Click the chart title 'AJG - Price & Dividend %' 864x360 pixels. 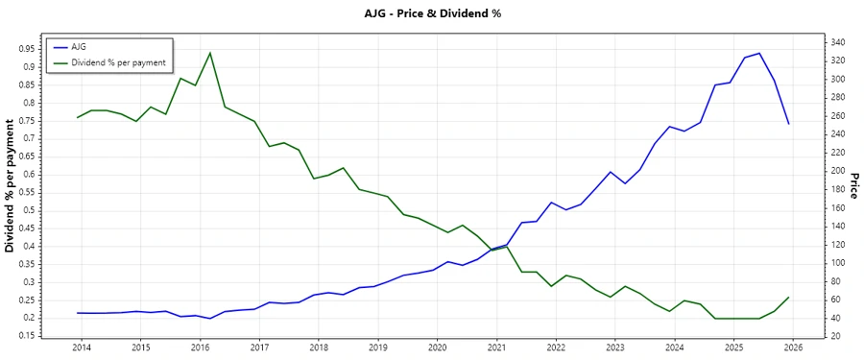(x=432, y=13)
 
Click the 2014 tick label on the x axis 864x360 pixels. (x=81, y=348)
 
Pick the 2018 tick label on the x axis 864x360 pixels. (x=319, y=348)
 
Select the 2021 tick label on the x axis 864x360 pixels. (x=496, y=348)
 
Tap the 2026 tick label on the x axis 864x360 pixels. (x=793, y=348)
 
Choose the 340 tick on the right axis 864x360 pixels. (x=837, y=42)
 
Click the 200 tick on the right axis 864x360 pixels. (x=837, y=171)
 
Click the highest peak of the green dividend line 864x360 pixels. (x=210, y=53)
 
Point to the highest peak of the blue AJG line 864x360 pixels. (x=759, y=53)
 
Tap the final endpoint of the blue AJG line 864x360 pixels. (x=789, y=124)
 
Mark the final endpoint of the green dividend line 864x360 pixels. (x=789, y=298)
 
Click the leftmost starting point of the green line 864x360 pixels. (x=77, y=117)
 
